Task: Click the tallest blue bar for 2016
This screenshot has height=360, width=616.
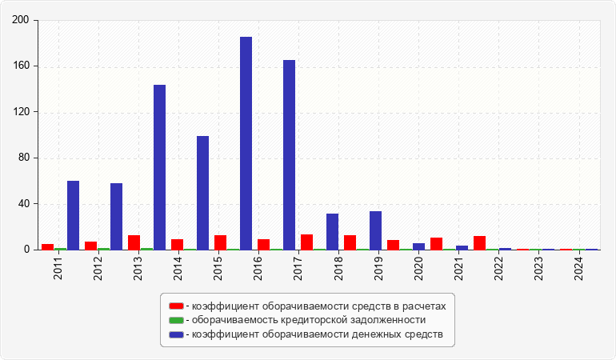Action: pyautogui.click(x=246, y=143)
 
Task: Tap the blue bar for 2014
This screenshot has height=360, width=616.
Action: pyautogui.click(x=159, y=167)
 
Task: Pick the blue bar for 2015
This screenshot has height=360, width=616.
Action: pyautogui.click(x=202, y=193)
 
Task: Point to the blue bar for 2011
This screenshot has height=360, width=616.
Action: pyautogui.click(x=73, y=215)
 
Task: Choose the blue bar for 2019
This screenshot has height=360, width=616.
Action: pyautogui.click(x=375, y=230)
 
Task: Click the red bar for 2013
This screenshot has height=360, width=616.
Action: pyautogui.click(x=134, y=242)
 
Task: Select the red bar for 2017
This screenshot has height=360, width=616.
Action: pyautogui.click(x=306, y=242)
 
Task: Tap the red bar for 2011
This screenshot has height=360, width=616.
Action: pyautogui.click(x=47, y=246)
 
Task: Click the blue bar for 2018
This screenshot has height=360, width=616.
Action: pyautogui.click(x=332, y=231)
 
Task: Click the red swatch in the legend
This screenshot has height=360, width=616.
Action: pyautogui.click(x=176, y=306)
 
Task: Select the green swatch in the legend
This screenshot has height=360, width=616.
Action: pyautogui.click(x=176, y=320)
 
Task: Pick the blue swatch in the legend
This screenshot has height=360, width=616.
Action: pyautogui.click(x=176, y=334)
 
